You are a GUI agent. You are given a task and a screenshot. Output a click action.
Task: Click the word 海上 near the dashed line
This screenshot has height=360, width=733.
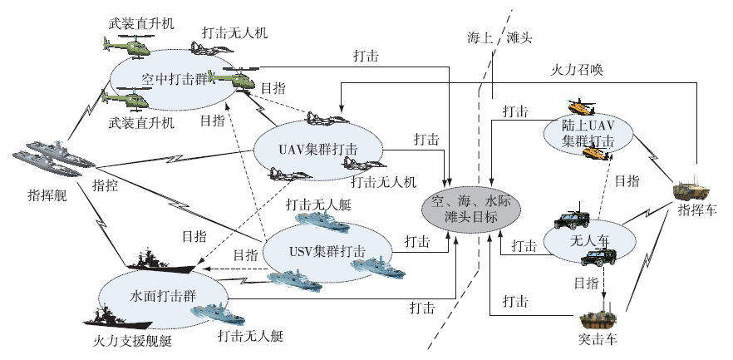[481, 38]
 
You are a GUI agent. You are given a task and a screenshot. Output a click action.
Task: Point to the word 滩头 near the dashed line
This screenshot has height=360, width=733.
[519, 38]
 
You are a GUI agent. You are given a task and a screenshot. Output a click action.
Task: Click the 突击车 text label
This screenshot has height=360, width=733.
[598, 340]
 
